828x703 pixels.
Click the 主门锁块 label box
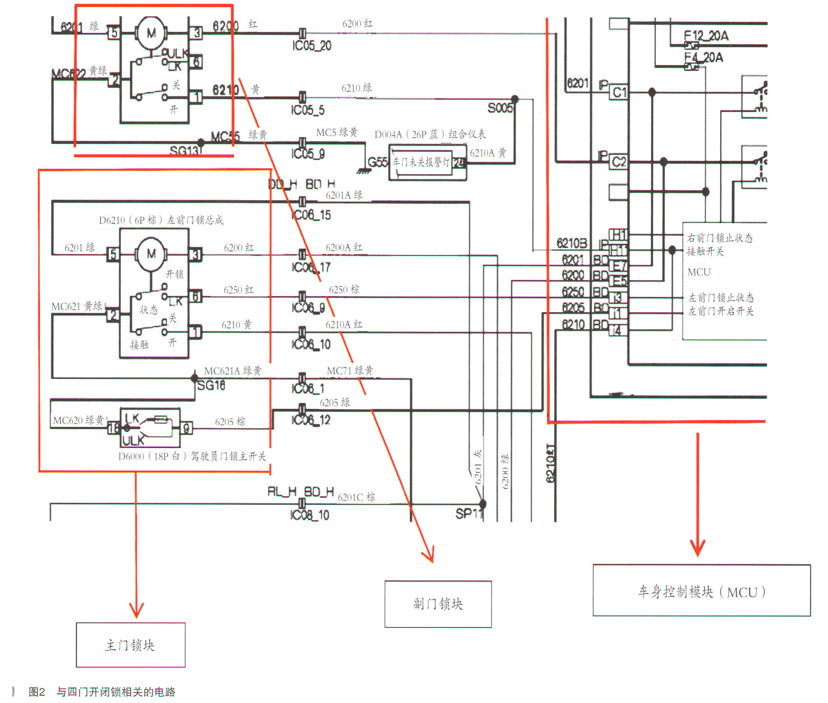click(x=130, y=645)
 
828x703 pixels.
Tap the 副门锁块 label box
click(x=438, y=604)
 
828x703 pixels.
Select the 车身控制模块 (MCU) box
click(x=701, y=591)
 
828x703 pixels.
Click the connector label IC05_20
click(x=312, y=46)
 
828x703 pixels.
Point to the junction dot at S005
click(x=515, y=99)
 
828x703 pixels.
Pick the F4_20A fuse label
click(x=704, y=58)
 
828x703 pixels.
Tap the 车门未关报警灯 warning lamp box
click(x=420, y=162)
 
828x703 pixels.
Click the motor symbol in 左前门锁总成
click(x=151, y=254)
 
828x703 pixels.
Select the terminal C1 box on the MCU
click(x=619, y=93)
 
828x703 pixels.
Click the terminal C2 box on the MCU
click(x=619, y=162)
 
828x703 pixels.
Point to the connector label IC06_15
click(x=311, y=215)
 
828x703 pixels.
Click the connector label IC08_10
click(x=310, y=515)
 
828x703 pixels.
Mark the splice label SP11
click(x=468, y=514)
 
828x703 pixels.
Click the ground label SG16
click(x=211, y=385)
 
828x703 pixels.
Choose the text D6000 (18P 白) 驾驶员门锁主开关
click(x=192, y=456)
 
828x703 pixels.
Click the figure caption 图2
click(x=37, y=692)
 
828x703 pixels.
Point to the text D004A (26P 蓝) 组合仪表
click(x=430, y=135)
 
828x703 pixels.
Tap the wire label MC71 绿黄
click(x=350, y=371)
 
